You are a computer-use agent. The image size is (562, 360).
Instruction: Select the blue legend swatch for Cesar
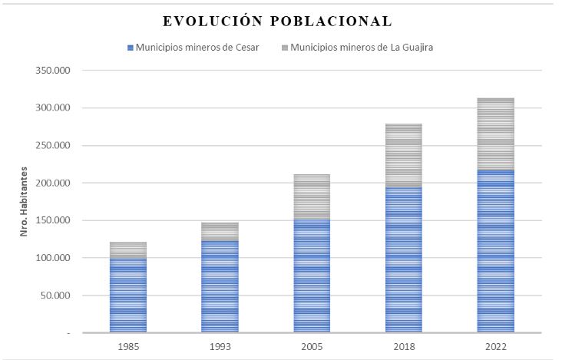(x=130, y=48)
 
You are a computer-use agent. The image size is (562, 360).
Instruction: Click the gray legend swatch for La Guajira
(x=285, y=48)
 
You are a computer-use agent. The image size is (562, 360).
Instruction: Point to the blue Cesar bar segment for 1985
(x=128, y=296)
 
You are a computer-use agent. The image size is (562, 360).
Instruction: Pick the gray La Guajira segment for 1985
(x=128, y=250)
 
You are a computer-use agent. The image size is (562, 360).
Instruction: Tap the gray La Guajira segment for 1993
(x=220, y=232)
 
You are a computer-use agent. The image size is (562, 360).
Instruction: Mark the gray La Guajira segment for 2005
(x=312, y=197)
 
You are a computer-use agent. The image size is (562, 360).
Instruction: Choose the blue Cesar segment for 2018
(x=404, y=259)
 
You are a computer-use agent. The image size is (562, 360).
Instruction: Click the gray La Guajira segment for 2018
(x=404, y=156)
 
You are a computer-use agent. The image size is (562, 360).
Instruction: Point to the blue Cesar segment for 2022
(x=495, y=251)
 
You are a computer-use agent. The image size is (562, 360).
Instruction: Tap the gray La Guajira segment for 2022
(x=495, y=134)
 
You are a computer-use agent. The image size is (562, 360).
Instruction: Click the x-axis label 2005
(x=312, y=347)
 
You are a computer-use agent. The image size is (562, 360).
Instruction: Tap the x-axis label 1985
(x=128, y=347)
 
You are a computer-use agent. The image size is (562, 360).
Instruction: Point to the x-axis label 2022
(x=495, y=347)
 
